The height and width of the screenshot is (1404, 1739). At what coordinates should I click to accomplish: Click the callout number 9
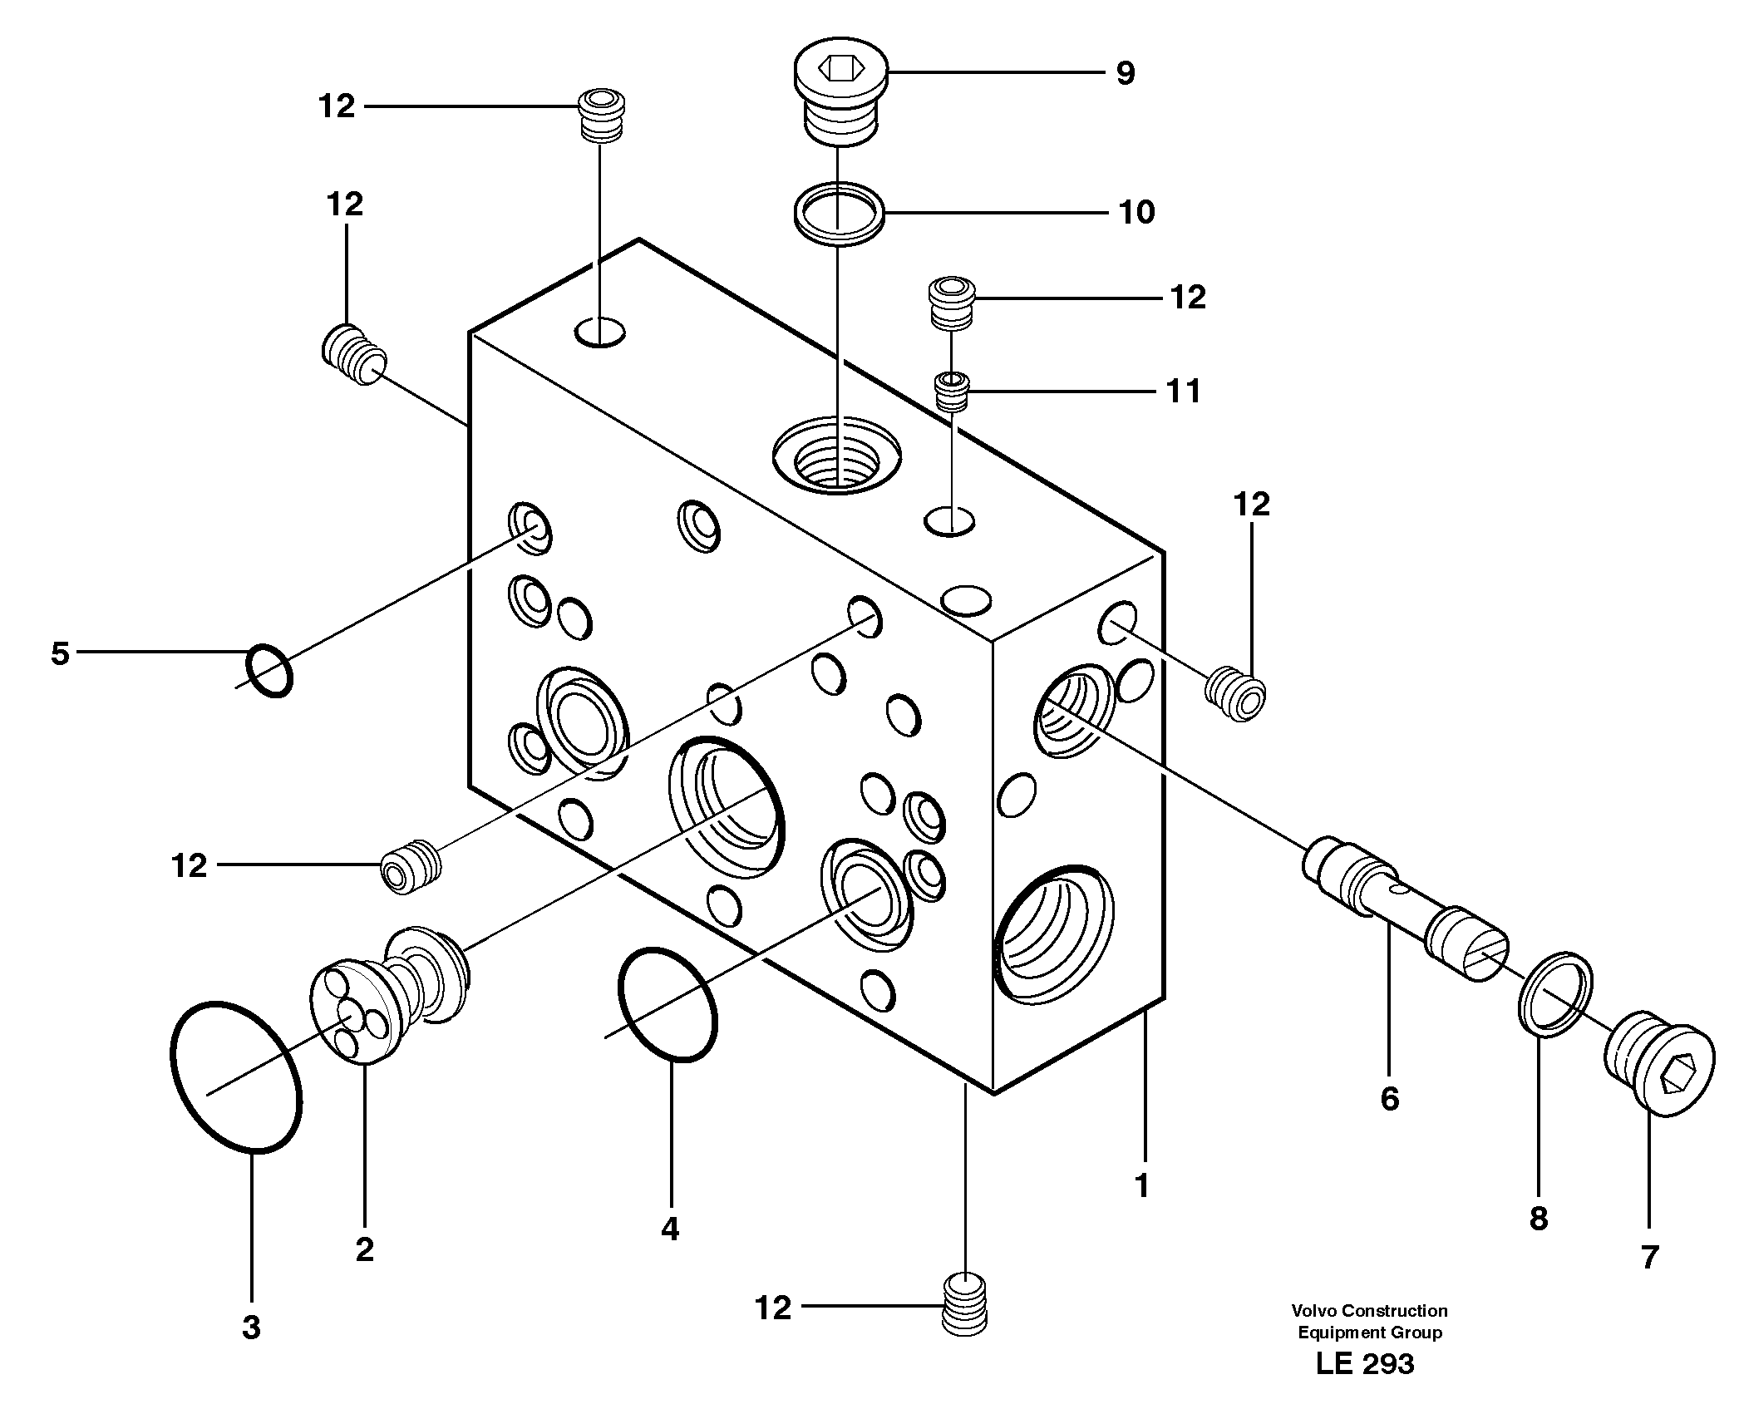point(1124,74)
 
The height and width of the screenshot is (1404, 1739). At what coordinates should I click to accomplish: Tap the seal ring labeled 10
point(838,214)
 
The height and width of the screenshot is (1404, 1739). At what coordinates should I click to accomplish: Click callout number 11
point(1183,391)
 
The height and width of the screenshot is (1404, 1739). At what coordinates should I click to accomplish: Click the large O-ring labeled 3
point(236,1076)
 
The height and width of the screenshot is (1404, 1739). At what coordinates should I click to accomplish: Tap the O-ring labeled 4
point(668,1004)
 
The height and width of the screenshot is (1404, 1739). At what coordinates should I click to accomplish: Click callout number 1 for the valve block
point(1142,1185)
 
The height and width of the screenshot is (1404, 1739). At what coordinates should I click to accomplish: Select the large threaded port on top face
point(836,456)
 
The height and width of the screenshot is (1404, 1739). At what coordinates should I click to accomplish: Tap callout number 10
point(1136,213)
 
